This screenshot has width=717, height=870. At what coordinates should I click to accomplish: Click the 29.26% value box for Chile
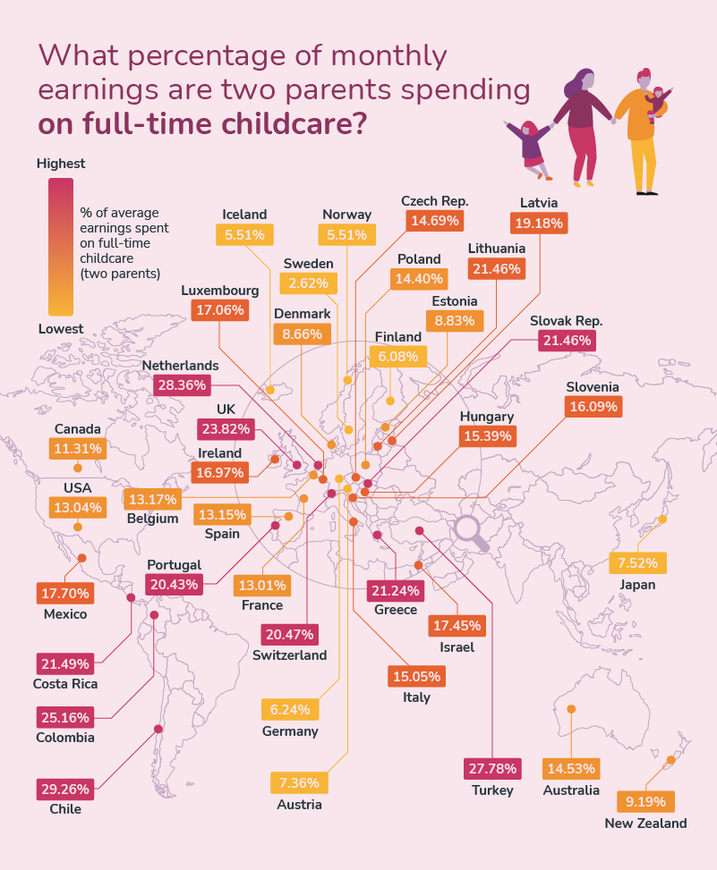tap(64, 790)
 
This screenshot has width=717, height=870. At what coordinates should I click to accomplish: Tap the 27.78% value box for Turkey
tap(492, 769)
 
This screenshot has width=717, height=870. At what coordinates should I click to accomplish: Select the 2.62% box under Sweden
tap(309, 283)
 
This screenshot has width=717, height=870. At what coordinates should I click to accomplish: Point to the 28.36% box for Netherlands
tap(183, 385)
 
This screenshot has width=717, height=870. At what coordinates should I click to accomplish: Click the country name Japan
tap(637, 585)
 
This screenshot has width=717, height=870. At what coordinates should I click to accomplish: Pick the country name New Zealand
tap(645, 824)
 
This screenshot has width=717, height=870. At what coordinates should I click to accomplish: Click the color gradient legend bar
tap(61, 246)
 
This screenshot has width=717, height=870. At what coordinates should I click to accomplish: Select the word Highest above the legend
tap(61, 164)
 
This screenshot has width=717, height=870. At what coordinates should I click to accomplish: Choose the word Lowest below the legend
tap(61, 329)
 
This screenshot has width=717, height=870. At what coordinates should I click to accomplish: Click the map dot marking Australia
tap(571, 709)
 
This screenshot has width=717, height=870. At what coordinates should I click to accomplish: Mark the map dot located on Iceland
tap(270, 390)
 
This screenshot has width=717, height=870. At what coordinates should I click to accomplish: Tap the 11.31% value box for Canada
tap(79, 448)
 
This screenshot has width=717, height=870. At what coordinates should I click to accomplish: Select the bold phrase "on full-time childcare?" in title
tap(201, 123)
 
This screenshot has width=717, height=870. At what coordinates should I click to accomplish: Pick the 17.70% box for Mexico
tap(64, 593)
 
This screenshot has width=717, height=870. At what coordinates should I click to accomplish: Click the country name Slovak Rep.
tap(566, 320)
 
